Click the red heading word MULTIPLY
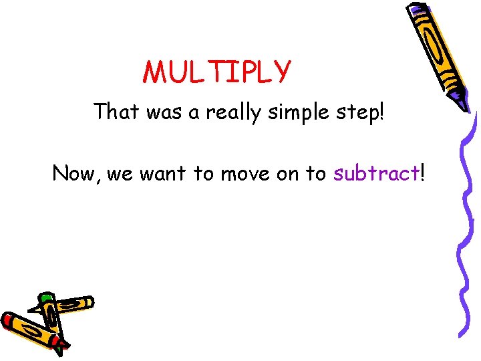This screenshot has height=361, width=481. (x=217, y=72)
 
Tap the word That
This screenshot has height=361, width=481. (x=116, y=111)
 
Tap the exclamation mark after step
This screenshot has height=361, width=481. (x=382, y=111)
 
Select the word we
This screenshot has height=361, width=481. (x=120, y=175)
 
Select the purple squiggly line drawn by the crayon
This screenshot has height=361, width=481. (x=465, y=221)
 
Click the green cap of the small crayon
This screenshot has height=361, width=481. (x=46, y=297)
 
